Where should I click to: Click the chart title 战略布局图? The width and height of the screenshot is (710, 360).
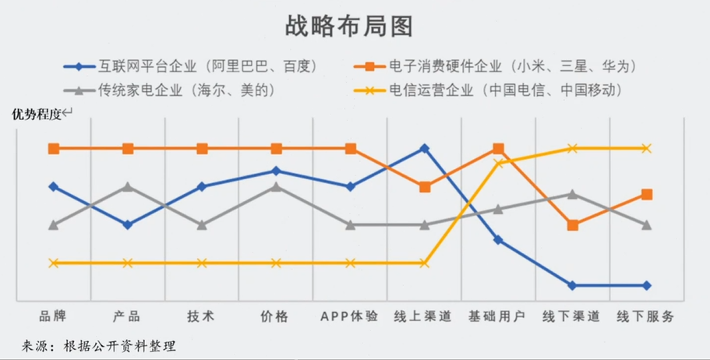[x=348, y=26]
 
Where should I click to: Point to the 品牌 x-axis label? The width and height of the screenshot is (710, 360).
[x=53, y=316]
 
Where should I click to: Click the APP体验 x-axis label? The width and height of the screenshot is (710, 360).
[x=350, y=316]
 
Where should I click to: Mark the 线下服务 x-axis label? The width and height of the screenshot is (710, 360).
[x=645, y=316]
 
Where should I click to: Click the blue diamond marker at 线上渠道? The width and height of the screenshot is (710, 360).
[x=424, y=148]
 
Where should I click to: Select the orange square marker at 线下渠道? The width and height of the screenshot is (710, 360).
[x=573, y=225]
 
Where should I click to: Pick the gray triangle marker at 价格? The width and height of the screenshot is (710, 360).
[x=276, y=187]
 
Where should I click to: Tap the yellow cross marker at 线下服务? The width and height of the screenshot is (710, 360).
[x=646, y=148]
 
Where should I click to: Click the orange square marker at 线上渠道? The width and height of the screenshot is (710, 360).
[x=425, y=187]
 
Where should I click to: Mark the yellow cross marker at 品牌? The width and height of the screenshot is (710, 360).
[x=54, y=263]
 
